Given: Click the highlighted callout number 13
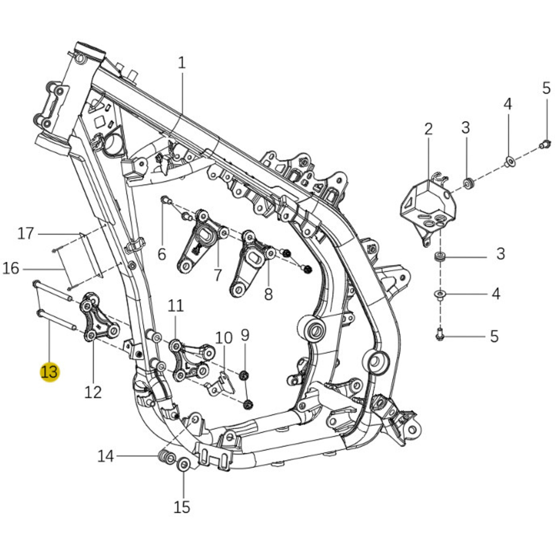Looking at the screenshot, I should point(49,372).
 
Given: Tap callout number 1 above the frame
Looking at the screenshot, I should point(181,63).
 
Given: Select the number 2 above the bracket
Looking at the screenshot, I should point(428,129).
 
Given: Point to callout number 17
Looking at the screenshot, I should point(26,233).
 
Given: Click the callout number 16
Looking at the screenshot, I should point(11,268).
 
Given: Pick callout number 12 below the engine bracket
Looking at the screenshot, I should point(93,392).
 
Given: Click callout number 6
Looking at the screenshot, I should point(162,254).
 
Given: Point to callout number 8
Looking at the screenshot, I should point(268,294).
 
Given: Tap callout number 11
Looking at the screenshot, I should point(176,306).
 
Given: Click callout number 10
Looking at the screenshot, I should point(224,338).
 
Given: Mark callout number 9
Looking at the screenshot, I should point(245,335).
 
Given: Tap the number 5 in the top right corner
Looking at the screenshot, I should point(546,88).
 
